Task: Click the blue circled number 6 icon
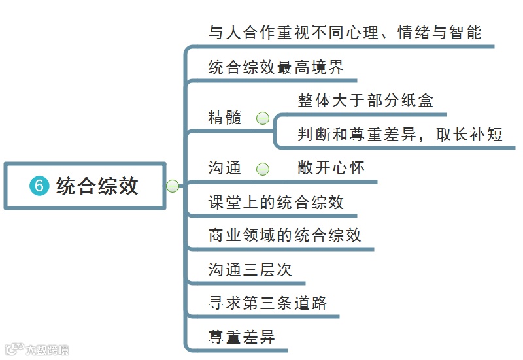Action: (x=39, y=186)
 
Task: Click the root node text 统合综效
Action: (x=97, y=186)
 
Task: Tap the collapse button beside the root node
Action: (x=173, y=187)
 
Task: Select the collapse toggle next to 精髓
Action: (x=263, y=118)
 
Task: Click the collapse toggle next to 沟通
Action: (x=263, y=169)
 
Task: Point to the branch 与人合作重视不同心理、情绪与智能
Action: (x=345, y=33)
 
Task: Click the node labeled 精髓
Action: (x=225, y=118)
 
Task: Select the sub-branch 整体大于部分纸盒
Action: (x=365, y=101)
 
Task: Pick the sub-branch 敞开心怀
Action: (x=331, y=169)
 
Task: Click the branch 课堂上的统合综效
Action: (x=276, y=202)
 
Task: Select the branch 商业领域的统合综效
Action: (x=284, y=235)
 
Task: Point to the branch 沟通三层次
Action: (x=250, y=270)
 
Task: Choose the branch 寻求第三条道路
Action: (x=267, y=304)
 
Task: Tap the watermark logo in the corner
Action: (x=36, y=350)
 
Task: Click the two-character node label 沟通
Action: (x=225, y=169)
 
